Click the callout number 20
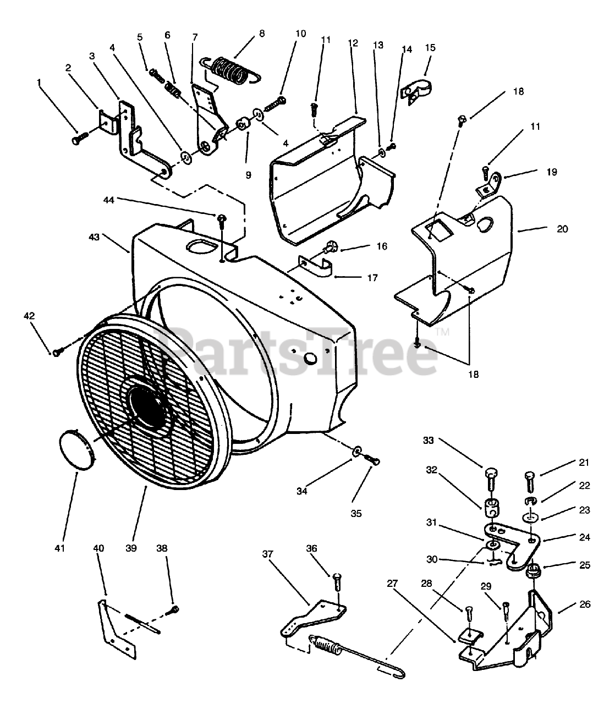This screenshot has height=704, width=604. [562, 229]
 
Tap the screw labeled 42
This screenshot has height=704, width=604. [58, 350]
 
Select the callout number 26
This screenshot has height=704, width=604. [585, 604]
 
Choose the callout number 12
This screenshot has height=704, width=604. [353, 42]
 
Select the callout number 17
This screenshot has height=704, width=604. [372, 278]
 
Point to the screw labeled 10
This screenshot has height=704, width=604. [276, 103]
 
